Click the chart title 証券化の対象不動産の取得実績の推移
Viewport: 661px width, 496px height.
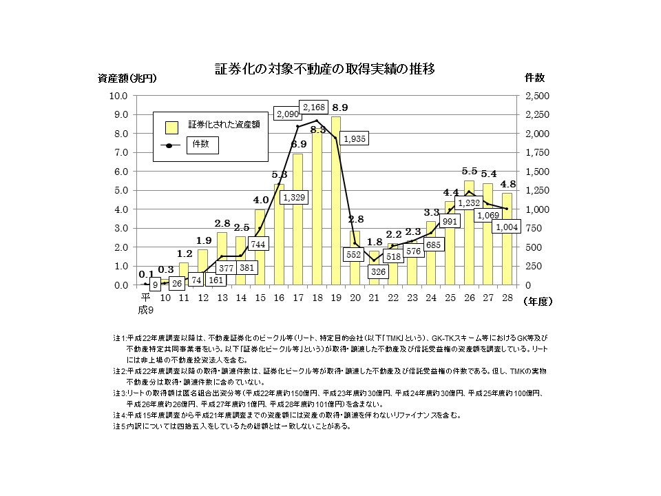click(x=324, y=70)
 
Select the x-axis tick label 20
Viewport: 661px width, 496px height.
click(x=355, y=298)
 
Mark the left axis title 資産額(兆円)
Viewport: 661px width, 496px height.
click(x=127, y=78)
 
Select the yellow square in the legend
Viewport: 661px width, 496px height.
click(x=171, y=127)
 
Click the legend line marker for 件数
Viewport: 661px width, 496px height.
click(x=169, y=145)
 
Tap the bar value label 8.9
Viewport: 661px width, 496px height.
click(x=339, y=108)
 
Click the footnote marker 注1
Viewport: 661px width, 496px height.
click(x=119, y=338)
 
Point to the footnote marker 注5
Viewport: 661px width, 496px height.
click(x=119, y=425)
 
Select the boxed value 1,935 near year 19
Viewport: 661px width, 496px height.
click(x=355, y=138)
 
